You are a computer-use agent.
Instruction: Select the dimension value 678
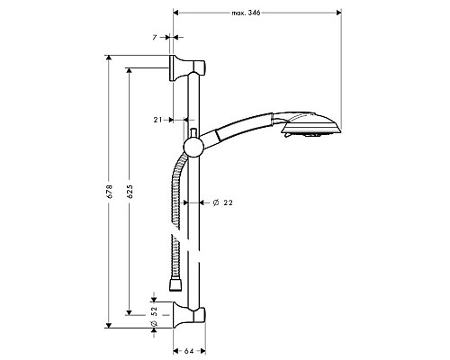point(108,192)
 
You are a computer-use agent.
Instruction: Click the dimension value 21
point(157,119)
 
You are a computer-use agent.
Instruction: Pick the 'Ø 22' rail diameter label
point(222,202)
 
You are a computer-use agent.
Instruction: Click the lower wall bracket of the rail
point(190,317)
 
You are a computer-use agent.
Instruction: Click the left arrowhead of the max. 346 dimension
point(176,13)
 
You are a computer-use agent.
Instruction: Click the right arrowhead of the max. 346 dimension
point(337,13)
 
